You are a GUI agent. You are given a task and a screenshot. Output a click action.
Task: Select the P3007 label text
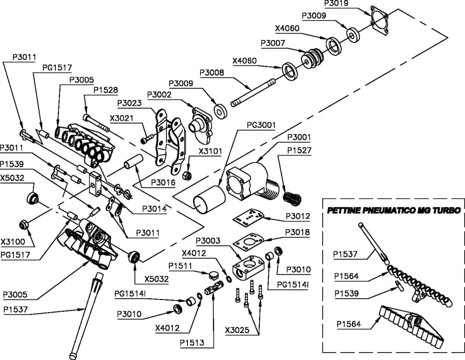(x=273, y=43)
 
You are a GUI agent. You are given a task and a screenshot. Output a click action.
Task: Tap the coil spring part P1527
(x=292, y=198)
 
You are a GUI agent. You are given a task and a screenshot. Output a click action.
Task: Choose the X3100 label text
(x=13, y=242)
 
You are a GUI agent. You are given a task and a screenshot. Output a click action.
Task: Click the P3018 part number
(x=298, y=232)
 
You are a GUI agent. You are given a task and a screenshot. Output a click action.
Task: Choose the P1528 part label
(x=106, y=90)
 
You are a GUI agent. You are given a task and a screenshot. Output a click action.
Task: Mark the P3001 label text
(x=299, y=137)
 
